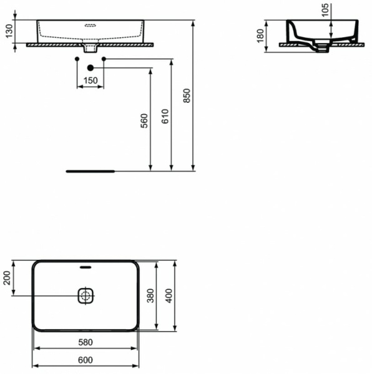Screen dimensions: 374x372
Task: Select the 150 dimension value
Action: pyautogui.click(x=91, y=81)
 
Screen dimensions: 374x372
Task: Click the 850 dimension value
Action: pyautogui.click(x=186, y=95)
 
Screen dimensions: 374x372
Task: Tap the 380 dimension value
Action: pyautogui.click(x=150, y=295)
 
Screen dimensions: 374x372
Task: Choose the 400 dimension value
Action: pyautogui.click(x=169, y=295)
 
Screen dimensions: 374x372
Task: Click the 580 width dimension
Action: pyautogui.click(x=85, y=342)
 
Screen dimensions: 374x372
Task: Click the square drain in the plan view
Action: pyautogui.click(x=85, y=295)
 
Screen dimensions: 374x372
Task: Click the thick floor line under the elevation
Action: pyautogui.click(x=91, y=169)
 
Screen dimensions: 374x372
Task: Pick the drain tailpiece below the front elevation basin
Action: pyautogui.click(x=91, y=48)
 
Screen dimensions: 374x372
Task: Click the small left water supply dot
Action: pyautogui.click(x=77, y=59)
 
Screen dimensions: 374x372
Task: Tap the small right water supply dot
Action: pyautogui.click(x=104, y=59)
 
